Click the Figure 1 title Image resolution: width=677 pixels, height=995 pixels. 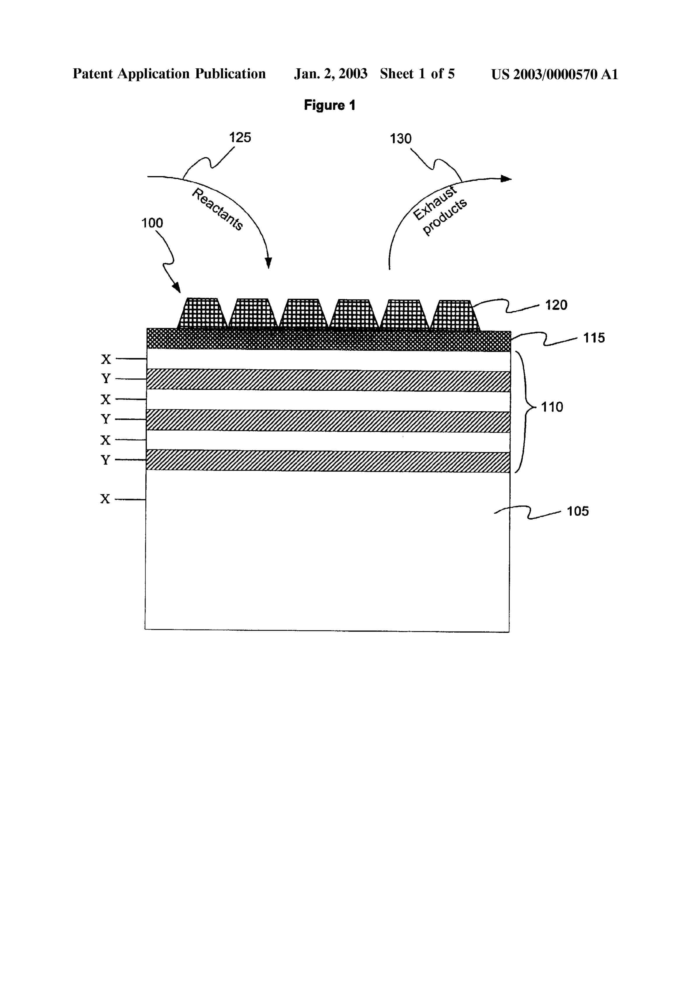[329, 105]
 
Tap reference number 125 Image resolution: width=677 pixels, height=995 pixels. [240, 138]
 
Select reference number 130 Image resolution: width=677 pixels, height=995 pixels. [401, 139]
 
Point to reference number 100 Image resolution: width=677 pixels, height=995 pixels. [152, 223]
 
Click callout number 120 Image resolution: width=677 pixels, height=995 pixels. [556, 305]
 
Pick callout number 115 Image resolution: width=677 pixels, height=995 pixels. [594, 338]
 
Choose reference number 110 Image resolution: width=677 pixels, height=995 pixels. [552, 407]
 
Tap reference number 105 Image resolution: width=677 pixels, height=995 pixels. [578, 511]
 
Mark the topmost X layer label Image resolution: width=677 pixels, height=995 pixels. [106, 359]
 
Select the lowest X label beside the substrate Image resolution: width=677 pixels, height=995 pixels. [105, 499]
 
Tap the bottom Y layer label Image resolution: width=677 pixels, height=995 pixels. [105, 460]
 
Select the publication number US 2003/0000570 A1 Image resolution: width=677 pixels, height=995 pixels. [555, 74]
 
